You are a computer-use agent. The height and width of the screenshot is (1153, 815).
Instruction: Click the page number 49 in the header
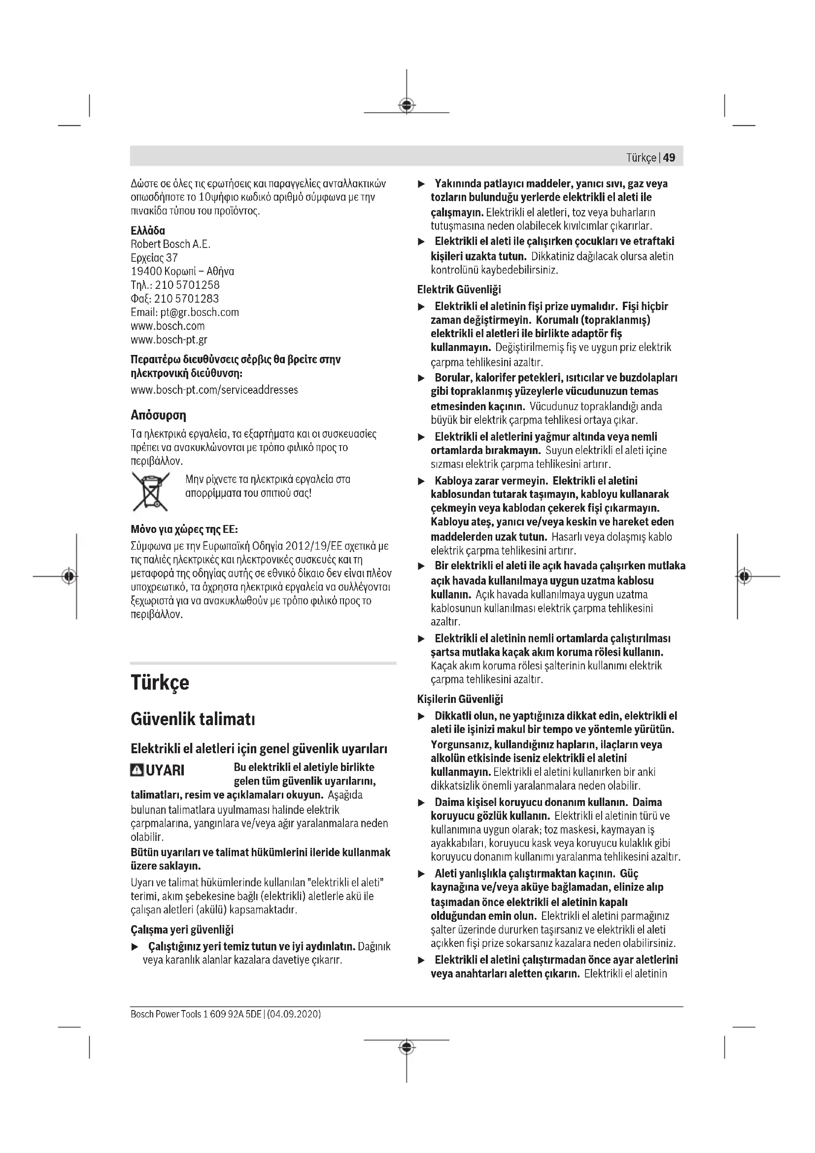[x=669, y=158]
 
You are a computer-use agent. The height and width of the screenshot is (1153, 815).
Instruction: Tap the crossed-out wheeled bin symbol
[x=150, y=491]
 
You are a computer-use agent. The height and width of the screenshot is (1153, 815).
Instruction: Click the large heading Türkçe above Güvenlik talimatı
[x=160, y=682]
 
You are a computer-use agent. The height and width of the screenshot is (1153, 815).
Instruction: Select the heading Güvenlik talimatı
[x=193, y=720]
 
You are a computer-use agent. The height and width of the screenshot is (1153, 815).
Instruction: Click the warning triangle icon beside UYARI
[x=136, y=770]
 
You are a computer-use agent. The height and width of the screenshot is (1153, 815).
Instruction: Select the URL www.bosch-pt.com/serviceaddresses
[x=214, y=390]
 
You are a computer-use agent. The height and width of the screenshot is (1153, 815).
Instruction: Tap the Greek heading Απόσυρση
[x=158, y=415]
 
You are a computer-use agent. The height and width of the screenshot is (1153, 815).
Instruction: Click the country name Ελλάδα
[x=147, y=231]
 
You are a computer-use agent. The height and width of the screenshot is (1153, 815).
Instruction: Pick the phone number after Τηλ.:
[x=187, y=285]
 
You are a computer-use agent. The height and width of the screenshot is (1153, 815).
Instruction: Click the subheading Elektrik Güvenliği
[x=459, y=290]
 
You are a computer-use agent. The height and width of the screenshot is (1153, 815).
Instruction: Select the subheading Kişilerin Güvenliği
[x=460, y=699]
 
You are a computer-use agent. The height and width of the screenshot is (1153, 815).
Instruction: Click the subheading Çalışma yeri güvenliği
[x=182, y=930]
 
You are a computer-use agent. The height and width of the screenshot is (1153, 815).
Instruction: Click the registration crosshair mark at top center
[x=407, y=105]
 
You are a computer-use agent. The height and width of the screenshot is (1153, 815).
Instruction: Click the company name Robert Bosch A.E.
[x=170, y=245]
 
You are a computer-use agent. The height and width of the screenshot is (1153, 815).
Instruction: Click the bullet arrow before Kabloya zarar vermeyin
[x=422, y=481]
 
